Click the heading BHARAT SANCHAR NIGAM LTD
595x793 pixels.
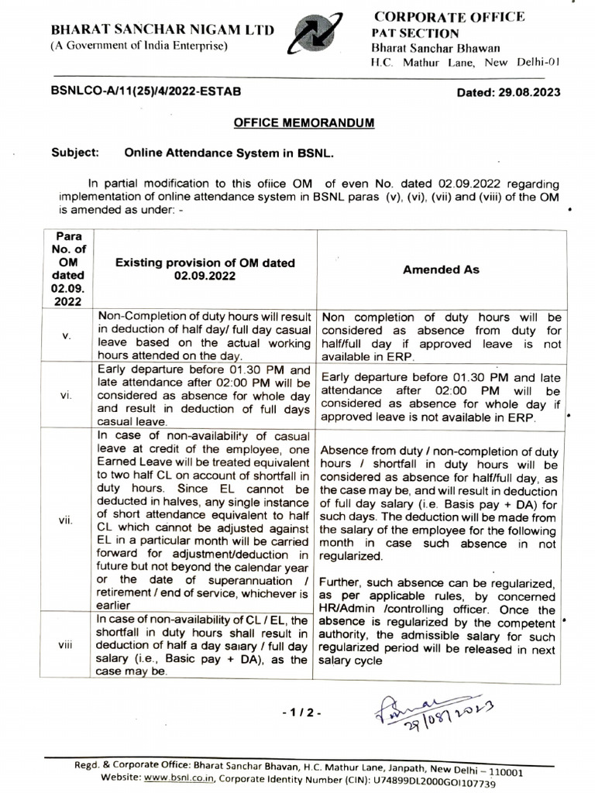point(162,30)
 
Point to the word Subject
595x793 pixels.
point(75,153)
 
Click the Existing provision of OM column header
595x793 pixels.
point(205,269)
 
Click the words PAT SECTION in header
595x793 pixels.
point(414,33)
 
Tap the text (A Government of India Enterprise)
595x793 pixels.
point(139,46)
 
